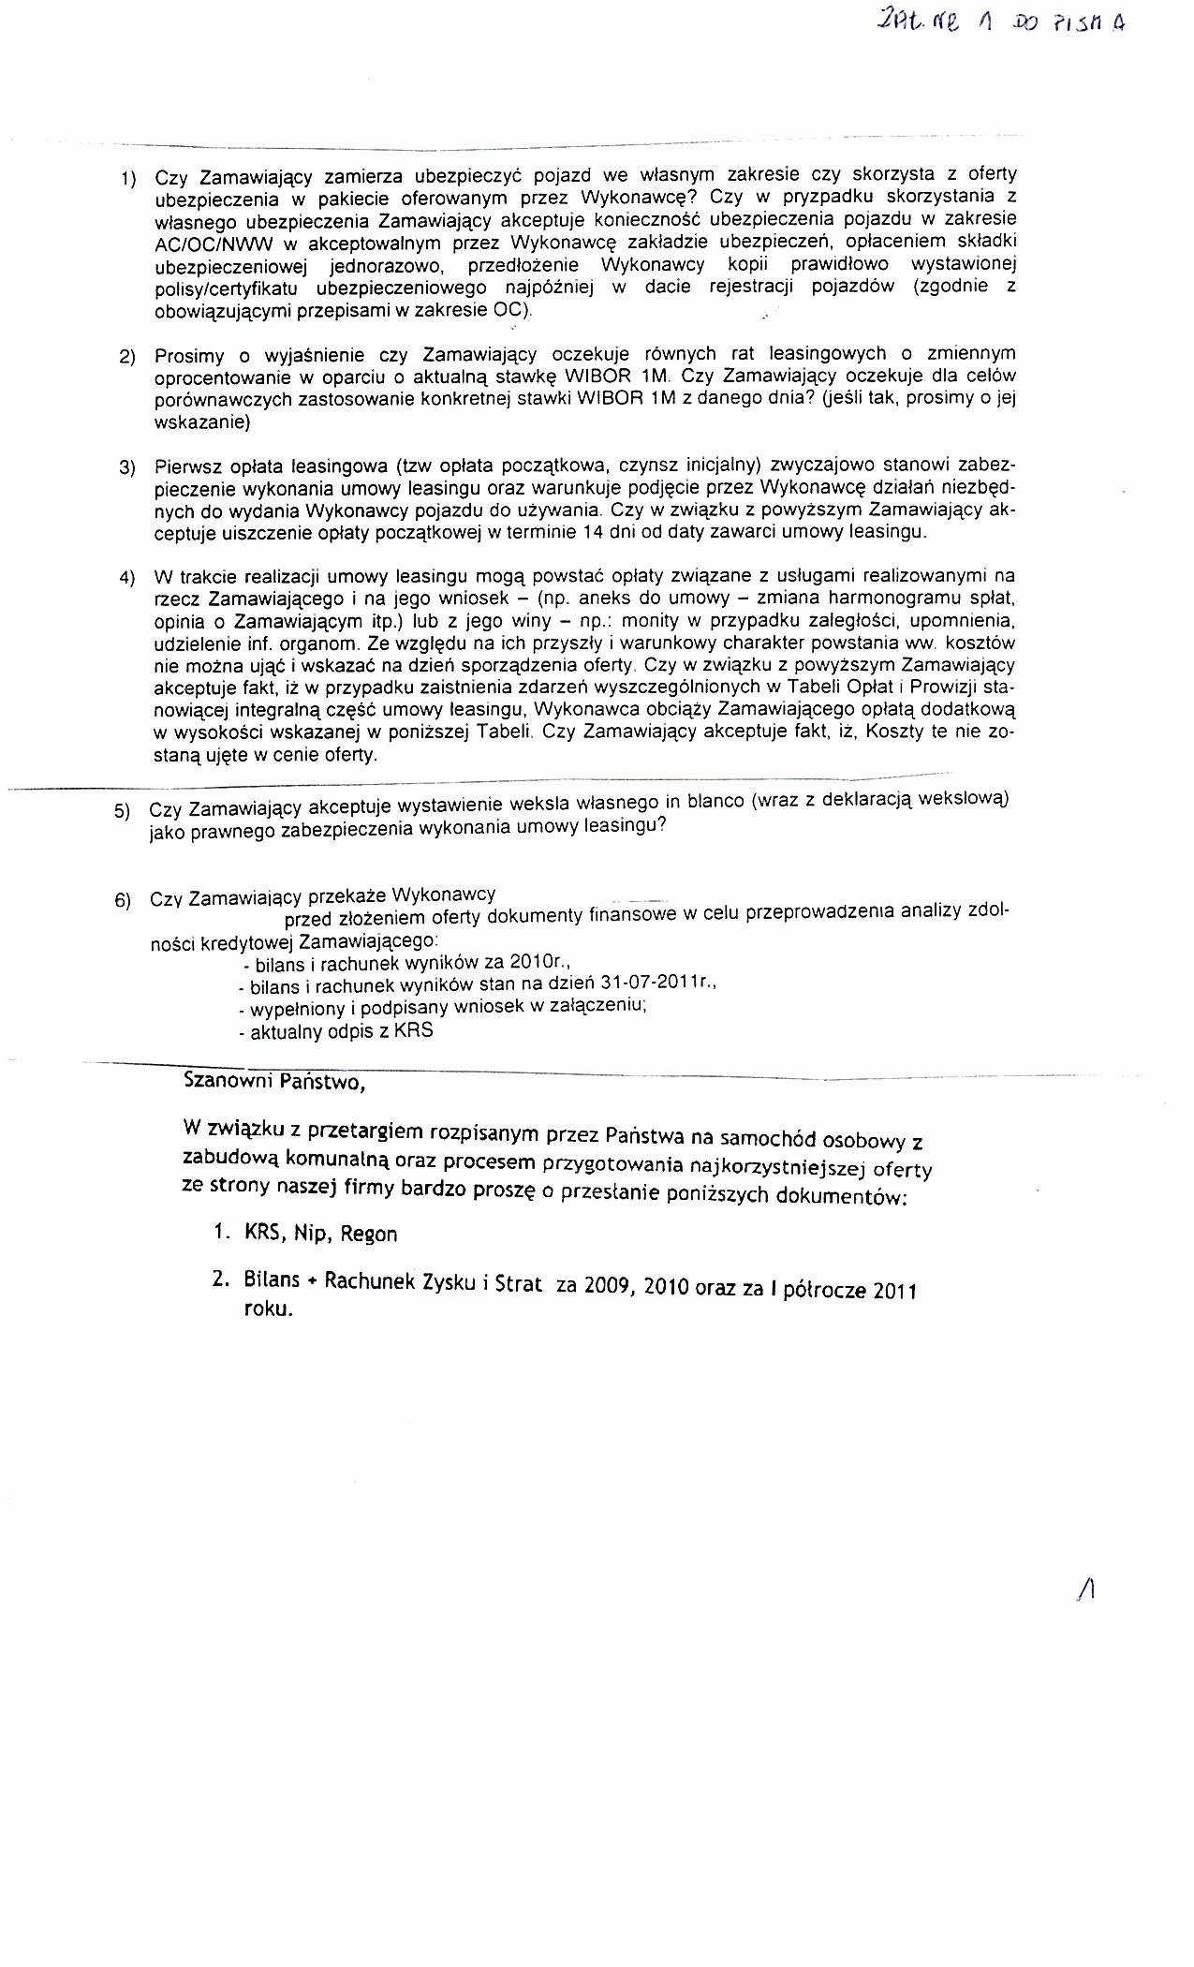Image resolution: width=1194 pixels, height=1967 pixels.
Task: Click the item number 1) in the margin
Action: pos(127,178)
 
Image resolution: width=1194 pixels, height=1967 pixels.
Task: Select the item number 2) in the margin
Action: pos(127,357)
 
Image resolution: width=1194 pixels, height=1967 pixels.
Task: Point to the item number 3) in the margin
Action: pos(127,467)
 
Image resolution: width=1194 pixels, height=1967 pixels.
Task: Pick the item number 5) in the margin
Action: pos(123,811)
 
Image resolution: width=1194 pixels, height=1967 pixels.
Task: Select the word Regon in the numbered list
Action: pos(369,1235)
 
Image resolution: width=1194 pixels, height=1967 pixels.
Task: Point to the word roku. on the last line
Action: pos(269,1309)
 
